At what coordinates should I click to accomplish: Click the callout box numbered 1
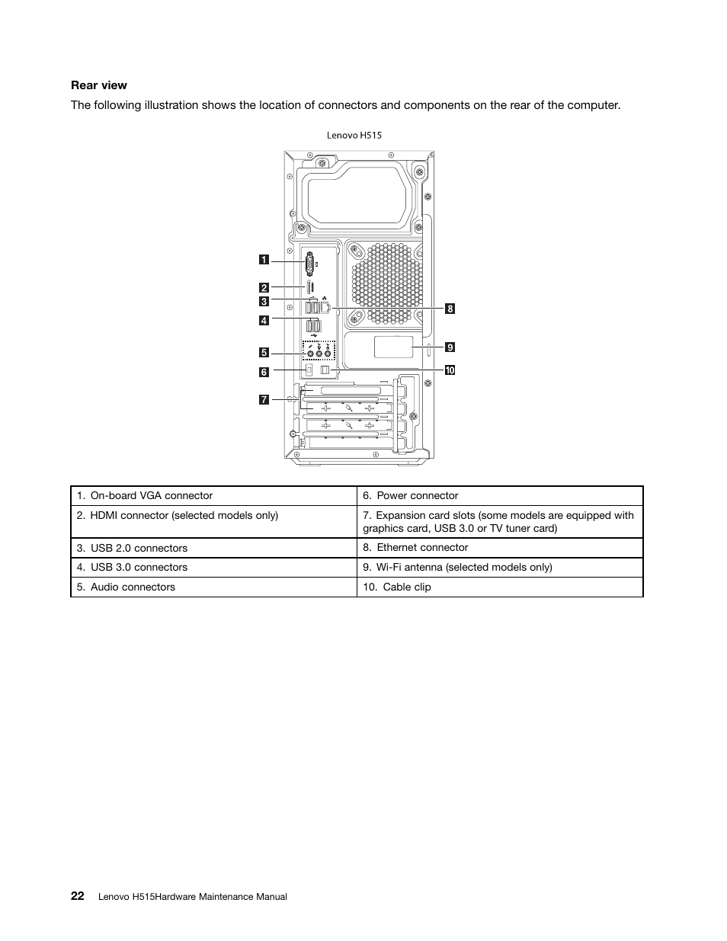click(x=264, y=260)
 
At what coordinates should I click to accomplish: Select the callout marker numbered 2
click(x=264, y=287)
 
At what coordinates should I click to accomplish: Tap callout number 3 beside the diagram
click(x=264, y=301)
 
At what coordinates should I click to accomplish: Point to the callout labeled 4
click(x=264, y=320)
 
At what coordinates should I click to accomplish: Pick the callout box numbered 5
click(x=264, y=352)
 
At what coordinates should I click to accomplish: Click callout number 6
click(x=264, y=372)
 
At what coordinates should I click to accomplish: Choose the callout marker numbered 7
click(x=264, y=399)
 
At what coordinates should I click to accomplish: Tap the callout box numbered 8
click(x=450, y=309)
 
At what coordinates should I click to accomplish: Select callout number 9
click(x=450, y=347)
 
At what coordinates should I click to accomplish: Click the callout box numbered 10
click(x=450, y=370)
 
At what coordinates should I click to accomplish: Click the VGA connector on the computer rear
click(x=310, y=264)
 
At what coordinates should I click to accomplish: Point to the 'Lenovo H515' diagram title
click(x=354, y=135)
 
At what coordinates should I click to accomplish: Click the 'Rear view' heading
click(x=99, y=85)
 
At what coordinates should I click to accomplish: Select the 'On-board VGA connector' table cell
click(x=213, y=496)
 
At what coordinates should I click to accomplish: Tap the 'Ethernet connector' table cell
click(x=499, y=548)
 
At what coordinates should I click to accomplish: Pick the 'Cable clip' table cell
click(x=499, y=587)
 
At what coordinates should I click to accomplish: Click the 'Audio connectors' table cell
click(x=213, y=587)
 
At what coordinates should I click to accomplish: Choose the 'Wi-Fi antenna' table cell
click(x=499, y=567)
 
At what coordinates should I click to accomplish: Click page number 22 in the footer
click(x=78, y=896)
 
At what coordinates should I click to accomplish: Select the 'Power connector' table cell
click(x=499, y=496)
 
